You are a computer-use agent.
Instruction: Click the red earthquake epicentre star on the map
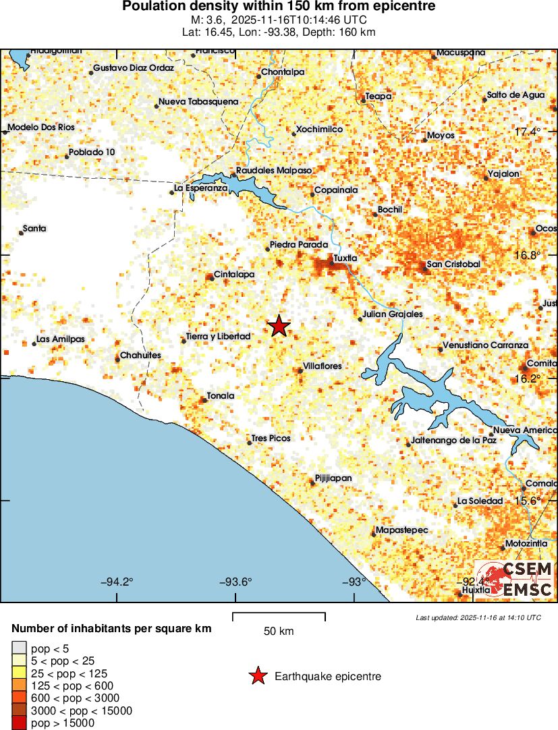[279, 327]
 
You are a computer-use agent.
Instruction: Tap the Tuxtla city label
[345, 258]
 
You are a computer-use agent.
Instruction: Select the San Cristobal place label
[454, 264]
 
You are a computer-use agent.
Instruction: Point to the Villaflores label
[323, 366]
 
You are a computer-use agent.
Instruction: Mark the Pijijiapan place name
[333, 478]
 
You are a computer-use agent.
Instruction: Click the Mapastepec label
[401, 530]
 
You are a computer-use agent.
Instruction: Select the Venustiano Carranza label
[485, 345]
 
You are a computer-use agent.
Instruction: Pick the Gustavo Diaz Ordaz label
[134, 68]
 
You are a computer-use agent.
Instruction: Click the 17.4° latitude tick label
[528, 132]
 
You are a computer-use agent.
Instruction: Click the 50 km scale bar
[279, 616]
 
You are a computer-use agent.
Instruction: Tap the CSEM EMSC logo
[515, 580]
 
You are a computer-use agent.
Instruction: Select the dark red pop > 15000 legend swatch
[19, 723]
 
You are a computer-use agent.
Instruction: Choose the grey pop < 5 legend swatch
[19, 649]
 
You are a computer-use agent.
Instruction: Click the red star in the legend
[257, 676]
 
